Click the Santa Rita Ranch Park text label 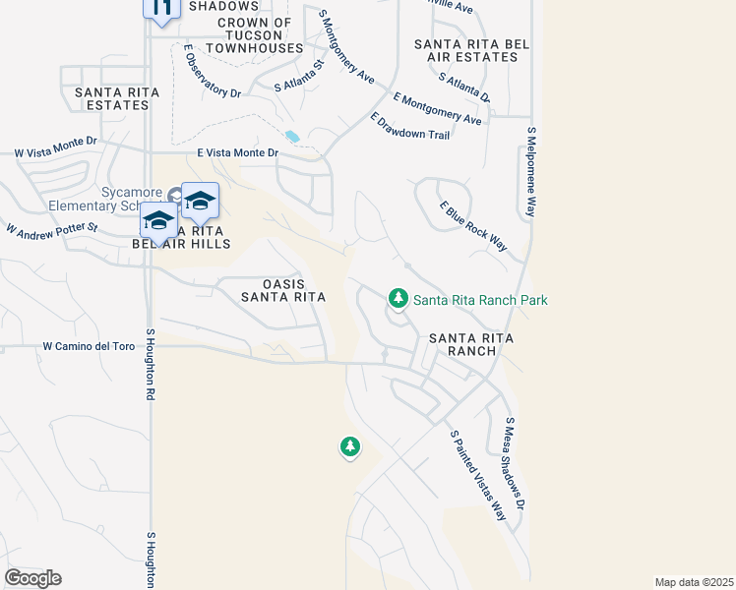click(x=479, y=300)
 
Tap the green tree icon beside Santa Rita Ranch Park click(x=398, y=297)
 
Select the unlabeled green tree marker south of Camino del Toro click(x=349, y=448)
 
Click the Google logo click(x=32, y=577)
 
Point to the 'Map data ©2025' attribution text click(x=694, y=582)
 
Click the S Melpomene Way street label click(x=532, y=172)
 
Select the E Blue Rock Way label click(x=474, y=226)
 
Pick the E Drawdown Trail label click(x=410, y=127)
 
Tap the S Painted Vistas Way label click(x=469, y=475)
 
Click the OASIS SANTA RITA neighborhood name click(x=283, y=289)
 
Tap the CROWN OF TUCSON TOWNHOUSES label click(x=255, y=35)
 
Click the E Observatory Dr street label click(x=212, y=72)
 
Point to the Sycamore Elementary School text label click(x=103, y=200)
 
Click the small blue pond click(x=291, y=137)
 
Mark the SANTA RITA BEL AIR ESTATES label click(x=465, y=50)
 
